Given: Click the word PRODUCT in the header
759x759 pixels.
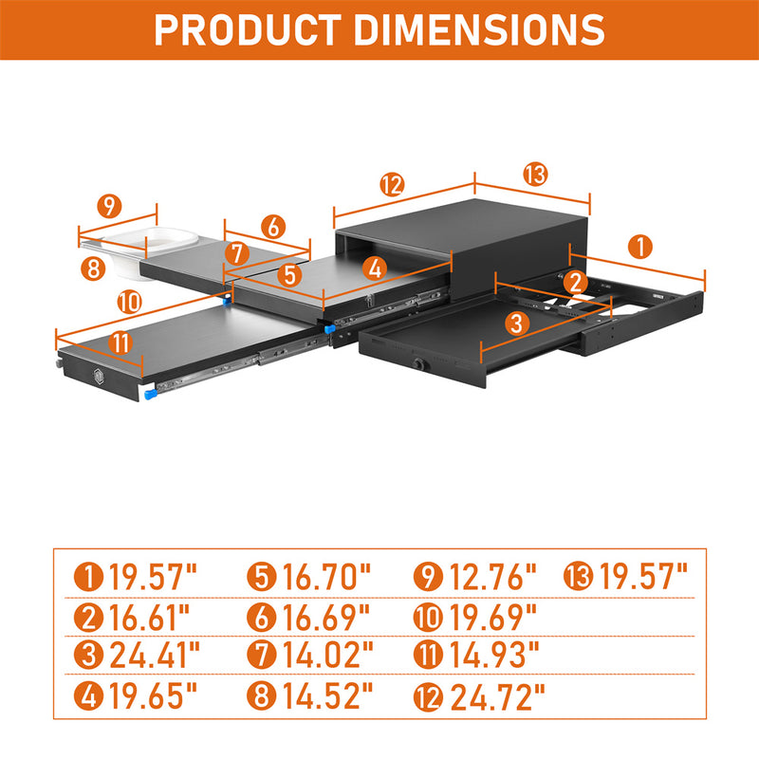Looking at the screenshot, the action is point(248,29).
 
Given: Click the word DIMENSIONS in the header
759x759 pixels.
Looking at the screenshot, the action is point(479,29).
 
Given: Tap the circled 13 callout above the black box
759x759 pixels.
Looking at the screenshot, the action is point(535,175).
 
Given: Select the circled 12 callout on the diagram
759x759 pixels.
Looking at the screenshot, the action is point(392,184).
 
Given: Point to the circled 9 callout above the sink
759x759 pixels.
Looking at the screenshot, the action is point(109,206).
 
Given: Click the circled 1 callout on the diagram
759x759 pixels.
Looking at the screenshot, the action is point(640,247).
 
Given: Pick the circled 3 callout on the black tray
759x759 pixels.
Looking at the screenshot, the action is point(517,323).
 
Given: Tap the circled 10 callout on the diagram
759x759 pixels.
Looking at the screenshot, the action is point(130,302).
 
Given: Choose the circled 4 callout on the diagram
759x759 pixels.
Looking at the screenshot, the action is point(375,268).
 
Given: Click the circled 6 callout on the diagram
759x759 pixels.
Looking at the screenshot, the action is point(273,227).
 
